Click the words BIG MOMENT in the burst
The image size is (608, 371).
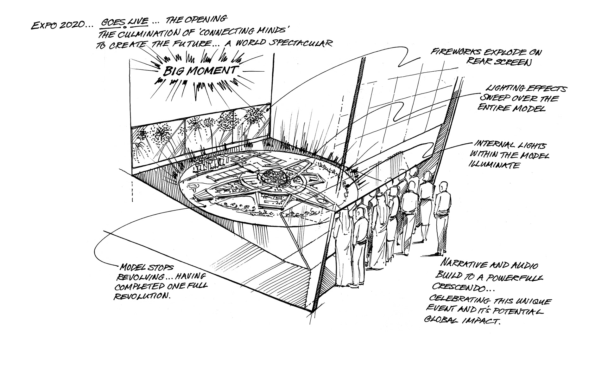[x=199, y=70]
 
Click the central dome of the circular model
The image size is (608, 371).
[x=274, y=175]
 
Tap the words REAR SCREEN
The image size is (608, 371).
[x=498, y=62]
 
